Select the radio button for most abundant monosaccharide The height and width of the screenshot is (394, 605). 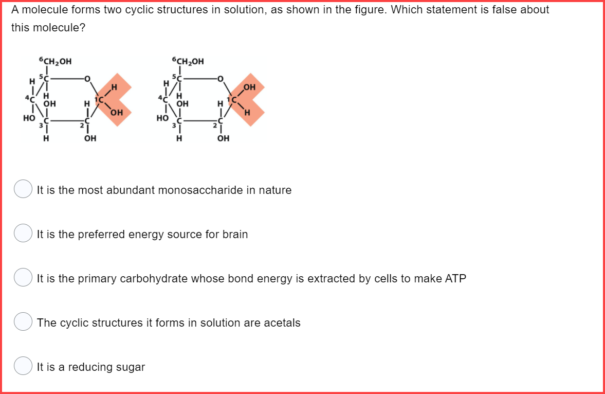[23, 189]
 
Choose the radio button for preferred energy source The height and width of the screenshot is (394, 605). [23, 234]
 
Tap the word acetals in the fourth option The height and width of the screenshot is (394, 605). [282, 323]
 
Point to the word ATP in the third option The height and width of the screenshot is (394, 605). [455, 279]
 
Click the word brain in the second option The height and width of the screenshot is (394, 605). [235, 235]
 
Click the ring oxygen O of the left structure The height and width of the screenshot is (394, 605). [87, 79]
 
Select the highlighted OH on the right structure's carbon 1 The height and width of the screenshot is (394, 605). [249, 87]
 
